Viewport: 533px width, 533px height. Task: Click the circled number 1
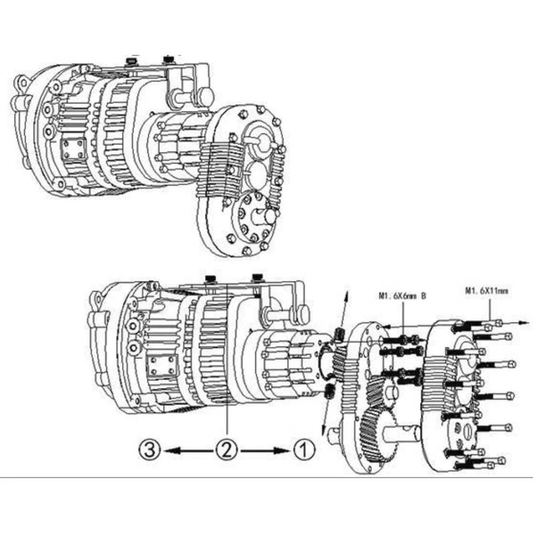(302, 450)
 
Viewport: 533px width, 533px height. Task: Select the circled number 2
(226, 450)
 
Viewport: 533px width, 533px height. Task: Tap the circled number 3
(150, 450)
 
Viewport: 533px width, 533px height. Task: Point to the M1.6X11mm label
(487, 290)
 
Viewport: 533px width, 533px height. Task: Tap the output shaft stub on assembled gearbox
(267, 216)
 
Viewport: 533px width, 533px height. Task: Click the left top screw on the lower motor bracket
(211, 278)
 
